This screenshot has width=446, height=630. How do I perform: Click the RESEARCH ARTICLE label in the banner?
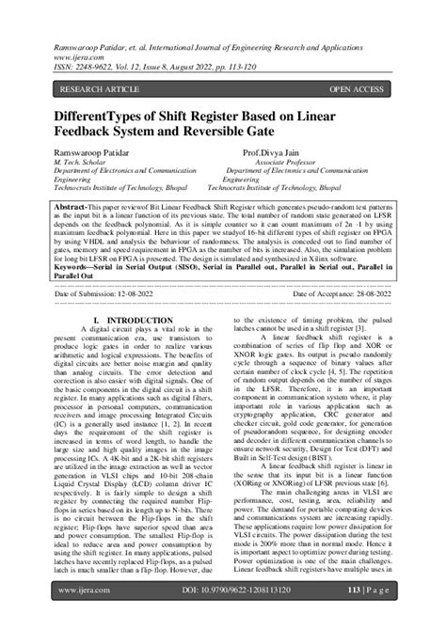99,89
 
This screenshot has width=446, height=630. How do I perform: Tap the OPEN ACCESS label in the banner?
357,89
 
